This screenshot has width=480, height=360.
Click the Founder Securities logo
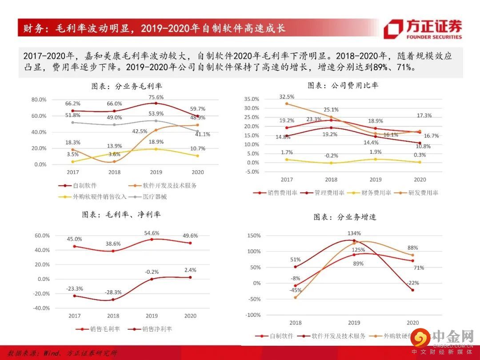click(423, 29)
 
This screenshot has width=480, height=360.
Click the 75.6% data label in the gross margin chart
click(156, 97)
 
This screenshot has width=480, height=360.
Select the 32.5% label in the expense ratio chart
click(287, 96)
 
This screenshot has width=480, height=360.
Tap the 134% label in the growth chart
click(354, 233)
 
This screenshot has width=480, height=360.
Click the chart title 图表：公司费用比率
click(343, 85)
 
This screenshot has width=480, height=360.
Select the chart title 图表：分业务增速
click(345, 217)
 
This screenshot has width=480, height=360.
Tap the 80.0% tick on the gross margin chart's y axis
click(39, 100)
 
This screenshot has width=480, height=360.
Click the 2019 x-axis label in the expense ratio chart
click(376, 180)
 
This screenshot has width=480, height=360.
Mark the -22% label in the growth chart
click(413, 283)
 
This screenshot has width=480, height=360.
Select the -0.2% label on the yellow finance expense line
click(331, 156)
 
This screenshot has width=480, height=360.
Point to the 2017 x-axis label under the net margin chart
click(74, 316)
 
